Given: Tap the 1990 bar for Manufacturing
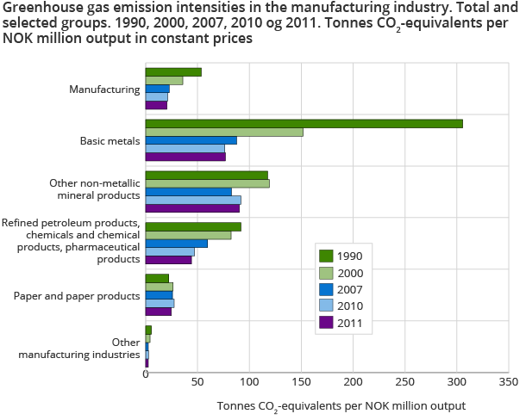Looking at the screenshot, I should [x=173, y=71].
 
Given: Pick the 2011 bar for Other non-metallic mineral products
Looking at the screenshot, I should [x=192, y=208].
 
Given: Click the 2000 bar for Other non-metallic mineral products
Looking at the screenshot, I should [x=207, y=183].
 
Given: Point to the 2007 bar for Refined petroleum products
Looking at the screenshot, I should [x=176, y=244].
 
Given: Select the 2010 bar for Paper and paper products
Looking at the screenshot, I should [x=160, y=303].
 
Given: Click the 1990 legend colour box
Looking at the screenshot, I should [x=326, y=256].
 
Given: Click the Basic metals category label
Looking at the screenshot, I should [x=110, y=140].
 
